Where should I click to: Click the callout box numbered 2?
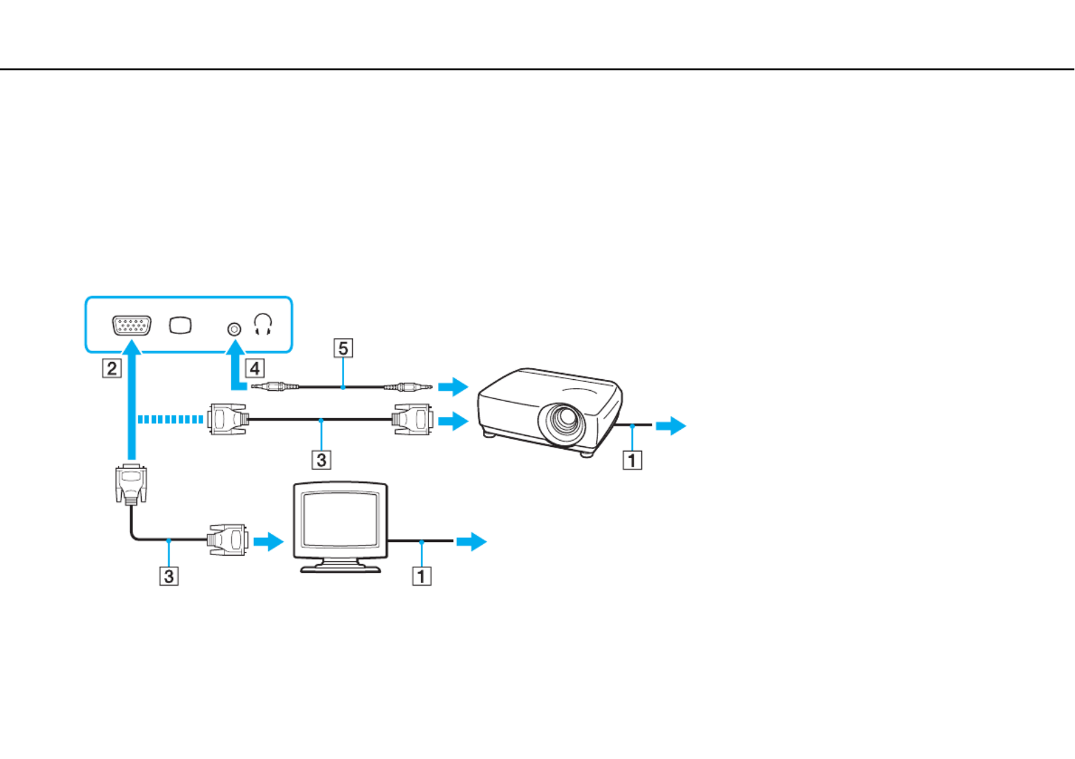tap(112, 369)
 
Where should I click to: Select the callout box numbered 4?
tap(255, 369)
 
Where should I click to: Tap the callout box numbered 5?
tap(343, 348)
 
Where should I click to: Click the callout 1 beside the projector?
tap(632, 461)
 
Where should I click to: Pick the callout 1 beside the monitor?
tap(422, 576)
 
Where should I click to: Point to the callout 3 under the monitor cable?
tap(169, 576)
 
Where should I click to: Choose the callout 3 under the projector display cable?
tap(322, 460)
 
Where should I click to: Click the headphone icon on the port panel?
tap(263, 324)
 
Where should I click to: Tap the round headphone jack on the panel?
tap(234, 329)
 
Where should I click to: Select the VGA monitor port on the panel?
tap(131, 326)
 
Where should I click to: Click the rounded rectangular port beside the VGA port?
tap(181, 326)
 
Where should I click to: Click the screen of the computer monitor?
tap(340, 519)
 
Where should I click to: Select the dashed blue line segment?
tap(170, 420)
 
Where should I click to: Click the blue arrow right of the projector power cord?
tap(671, 426)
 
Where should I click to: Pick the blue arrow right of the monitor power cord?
tap(471, 541)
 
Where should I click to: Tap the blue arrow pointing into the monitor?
tap(269, 541)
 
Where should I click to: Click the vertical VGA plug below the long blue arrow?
tap(131, 485)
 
